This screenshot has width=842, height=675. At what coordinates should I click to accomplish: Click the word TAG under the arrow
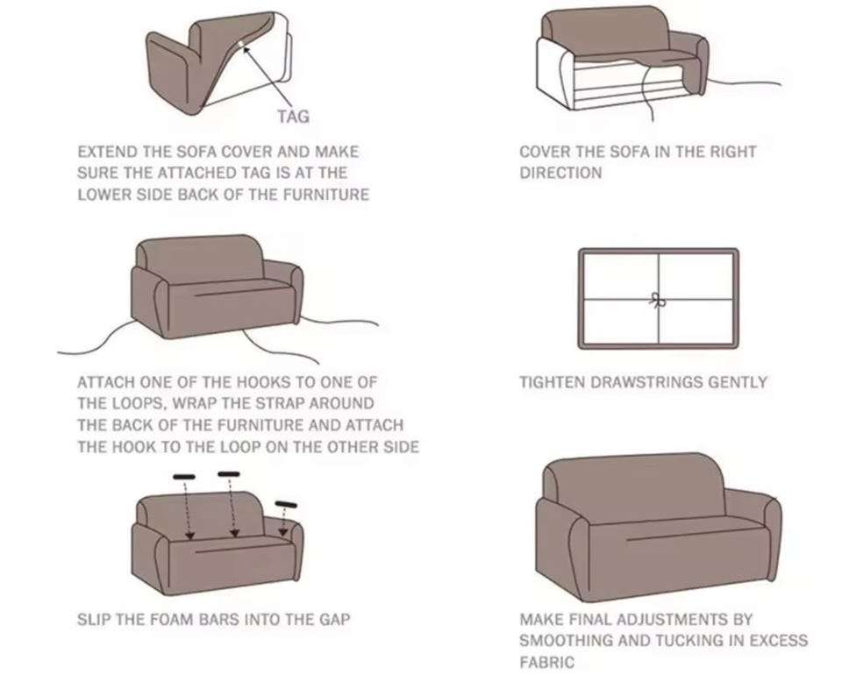point(293,117)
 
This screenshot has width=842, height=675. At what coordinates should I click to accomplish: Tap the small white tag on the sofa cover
point(241,43)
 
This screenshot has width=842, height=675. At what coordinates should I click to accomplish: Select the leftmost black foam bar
point(184,476)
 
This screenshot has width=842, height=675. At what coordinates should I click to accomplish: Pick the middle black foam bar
point(229,473)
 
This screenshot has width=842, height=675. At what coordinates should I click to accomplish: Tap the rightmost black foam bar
point(286,504)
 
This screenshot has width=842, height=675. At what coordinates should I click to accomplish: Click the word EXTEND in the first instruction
point(107,152)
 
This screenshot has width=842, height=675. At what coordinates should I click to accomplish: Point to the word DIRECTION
point(560,173)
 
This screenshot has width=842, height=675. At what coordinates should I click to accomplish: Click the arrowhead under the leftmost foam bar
point(189,535)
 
